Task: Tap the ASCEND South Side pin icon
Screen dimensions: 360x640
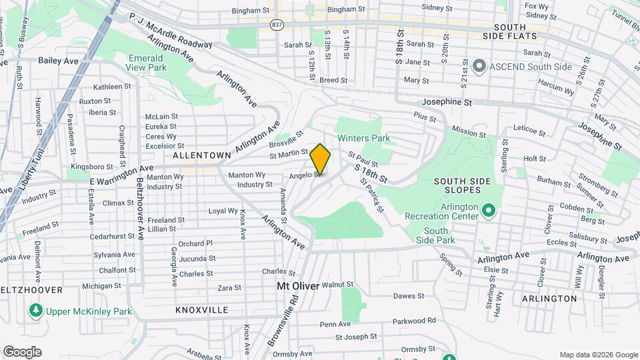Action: (x=478, y=66)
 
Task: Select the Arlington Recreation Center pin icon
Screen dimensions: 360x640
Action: (x=488, y=211)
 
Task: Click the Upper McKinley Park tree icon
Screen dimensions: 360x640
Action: (x=35, y=311)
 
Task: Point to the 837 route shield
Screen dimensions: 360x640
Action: (x=276, y=24)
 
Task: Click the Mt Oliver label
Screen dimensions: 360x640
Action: (x=298, y=285)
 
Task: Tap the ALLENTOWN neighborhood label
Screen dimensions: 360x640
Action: (x=201, y=155)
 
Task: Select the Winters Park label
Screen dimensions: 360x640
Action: (x=363, y=139)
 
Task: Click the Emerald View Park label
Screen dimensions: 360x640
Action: (x=147, y=63)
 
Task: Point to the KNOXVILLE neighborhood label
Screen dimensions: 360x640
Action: (x=201, y=310)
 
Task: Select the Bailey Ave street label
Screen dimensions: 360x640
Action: (x=59, y=60)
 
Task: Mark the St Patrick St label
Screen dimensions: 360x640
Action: (x=371, y=195)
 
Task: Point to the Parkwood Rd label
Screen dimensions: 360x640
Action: (x=414, y=321)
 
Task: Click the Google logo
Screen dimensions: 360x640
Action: (x=22, y=352)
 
